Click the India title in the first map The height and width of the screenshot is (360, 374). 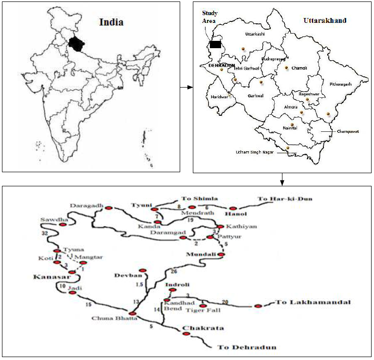coord(112,22)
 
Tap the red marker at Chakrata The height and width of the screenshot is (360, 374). coord(186,334)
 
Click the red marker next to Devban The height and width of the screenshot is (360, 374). coord(143,270)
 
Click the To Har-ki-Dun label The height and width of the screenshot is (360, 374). coord(285,198)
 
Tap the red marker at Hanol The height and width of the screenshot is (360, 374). coord(233,208)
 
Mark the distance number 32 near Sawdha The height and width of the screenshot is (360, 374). coord(45,234)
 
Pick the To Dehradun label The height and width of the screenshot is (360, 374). coord(247,347)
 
